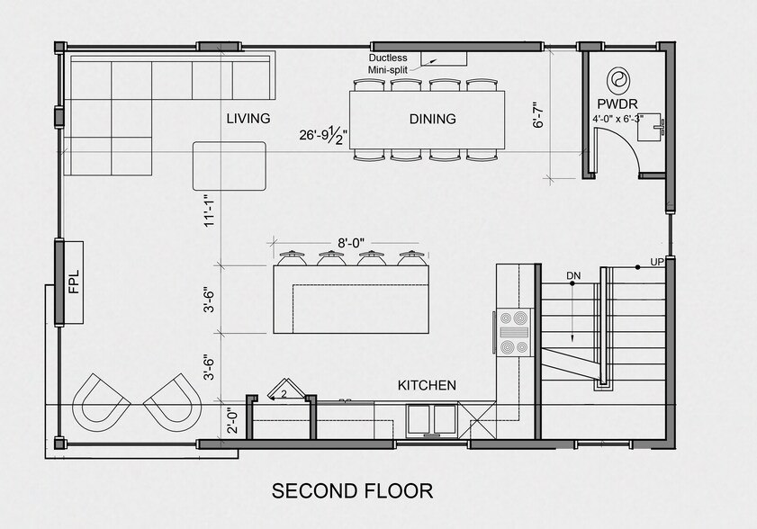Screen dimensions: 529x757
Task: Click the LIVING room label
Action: point(248,118)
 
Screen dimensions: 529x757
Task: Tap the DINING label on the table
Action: point(432,118)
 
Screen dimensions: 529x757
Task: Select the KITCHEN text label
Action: point(427,385)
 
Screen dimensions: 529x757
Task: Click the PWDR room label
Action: point(617,103)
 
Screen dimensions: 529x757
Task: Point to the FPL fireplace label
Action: point(73,283)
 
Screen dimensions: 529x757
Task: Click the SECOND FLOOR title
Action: point(352,490)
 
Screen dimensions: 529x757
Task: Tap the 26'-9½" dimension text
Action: point(325,136)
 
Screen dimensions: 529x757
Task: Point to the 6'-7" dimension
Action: point(538,114)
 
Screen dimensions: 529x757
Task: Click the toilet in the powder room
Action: point(619,82)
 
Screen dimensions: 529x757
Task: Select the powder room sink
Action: point(653,128)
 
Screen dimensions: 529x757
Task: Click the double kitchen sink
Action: point(431,420)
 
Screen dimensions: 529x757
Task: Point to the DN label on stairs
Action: point(571,274)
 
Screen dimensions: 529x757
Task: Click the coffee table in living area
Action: point(230,166)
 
